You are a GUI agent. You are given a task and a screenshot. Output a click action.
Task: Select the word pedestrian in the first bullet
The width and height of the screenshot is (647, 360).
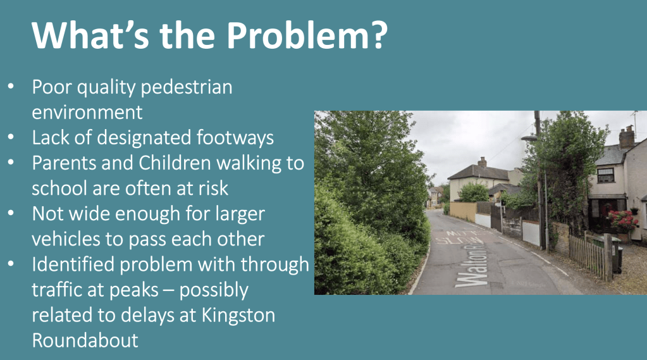[187, 87]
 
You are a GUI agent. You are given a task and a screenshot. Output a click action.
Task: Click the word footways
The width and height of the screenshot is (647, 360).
[235, 137]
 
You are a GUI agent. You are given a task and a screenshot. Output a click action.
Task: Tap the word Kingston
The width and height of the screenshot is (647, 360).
[238, 316]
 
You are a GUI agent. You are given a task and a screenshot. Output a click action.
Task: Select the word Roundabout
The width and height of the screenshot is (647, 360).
[85, 340]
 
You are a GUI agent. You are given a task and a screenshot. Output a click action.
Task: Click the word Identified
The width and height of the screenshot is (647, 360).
[73, 264]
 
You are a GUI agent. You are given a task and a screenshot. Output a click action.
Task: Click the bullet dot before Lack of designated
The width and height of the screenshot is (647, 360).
[11, 137]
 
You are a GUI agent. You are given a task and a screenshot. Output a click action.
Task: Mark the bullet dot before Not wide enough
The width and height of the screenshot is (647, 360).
[11, 213]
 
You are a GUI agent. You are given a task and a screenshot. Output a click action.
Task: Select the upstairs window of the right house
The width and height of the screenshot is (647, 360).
[606, 175]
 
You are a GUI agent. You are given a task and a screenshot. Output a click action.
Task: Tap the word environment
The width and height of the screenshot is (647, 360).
[87, 112]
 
